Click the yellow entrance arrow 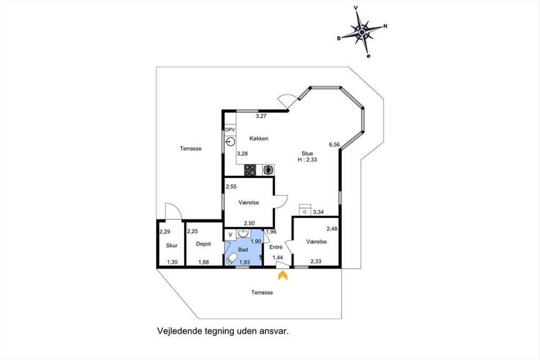pyautogui.click(x=283, y=275)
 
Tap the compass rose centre pyautogui.click(x=362, y=32)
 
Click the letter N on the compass pyautogui.click(x=385, y=26)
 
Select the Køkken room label pyautogui.click(x=259, y=139)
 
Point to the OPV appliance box pyautogui.click(x=230, y=130)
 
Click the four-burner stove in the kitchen pyautogui.click(x=250, y=170)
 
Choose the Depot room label pyautogui.click(x=203, y=244)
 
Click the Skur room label pyautogui.click(x=171, y=245)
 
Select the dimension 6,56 pyautogui.click(x=334, y=145)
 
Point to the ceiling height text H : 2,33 pyautogui.click(x=307, y=160)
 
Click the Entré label pyautogui.click(x=276, y=247)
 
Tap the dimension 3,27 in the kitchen pyautogui.click(x=261, y=116)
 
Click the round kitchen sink pyautogui.click(x=231, y=142)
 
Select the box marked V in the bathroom pyautogui.click(x=230, y=234)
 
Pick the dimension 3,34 pyautogui.click(x=318, y=212)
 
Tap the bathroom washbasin pyautogui.click(x=243, y=233)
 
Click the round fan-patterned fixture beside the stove pyautogui.click(x=268, y=170)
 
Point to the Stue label pyautogui.click(x=307, y=153)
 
